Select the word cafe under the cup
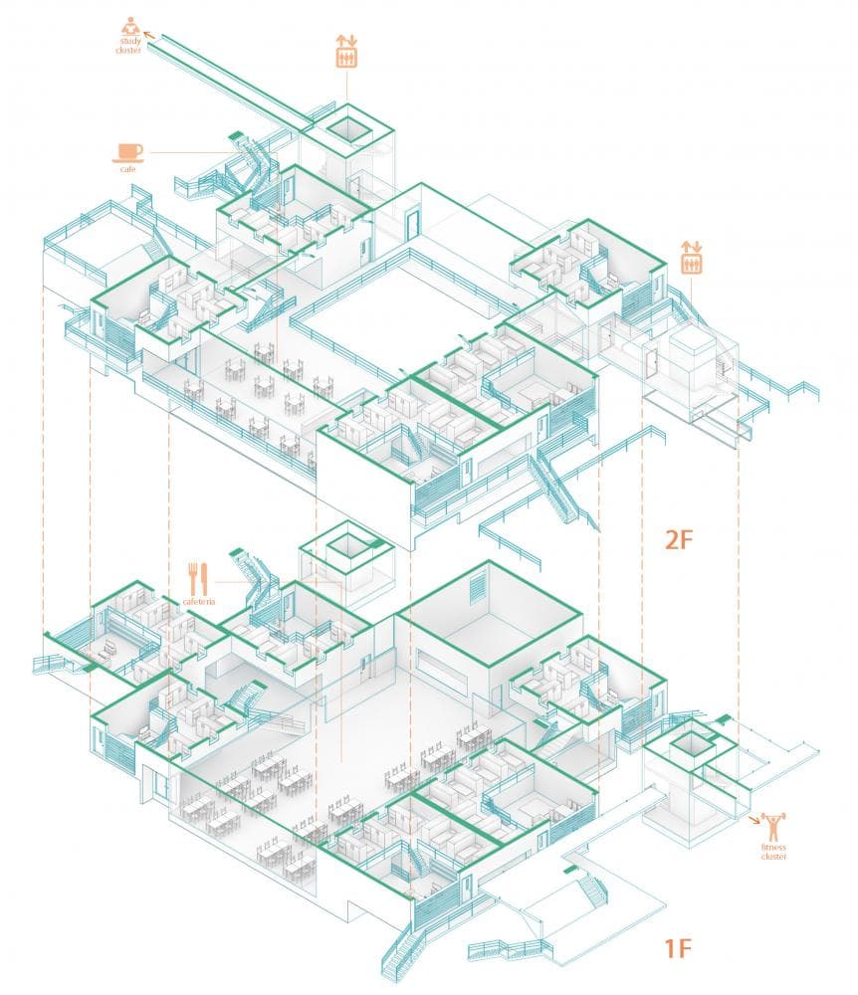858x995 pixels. [x=127, y=169]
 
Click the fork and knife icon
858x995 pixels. [x=198, y=577]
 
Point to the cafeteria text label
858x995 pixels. [x=199, y=602]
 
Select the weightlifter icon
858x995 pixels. [x=773, y=825]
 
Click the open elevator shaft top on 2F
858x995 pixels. [x=347, y=127]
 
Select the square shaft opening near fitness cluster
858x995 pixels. [x=688, y=742]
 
